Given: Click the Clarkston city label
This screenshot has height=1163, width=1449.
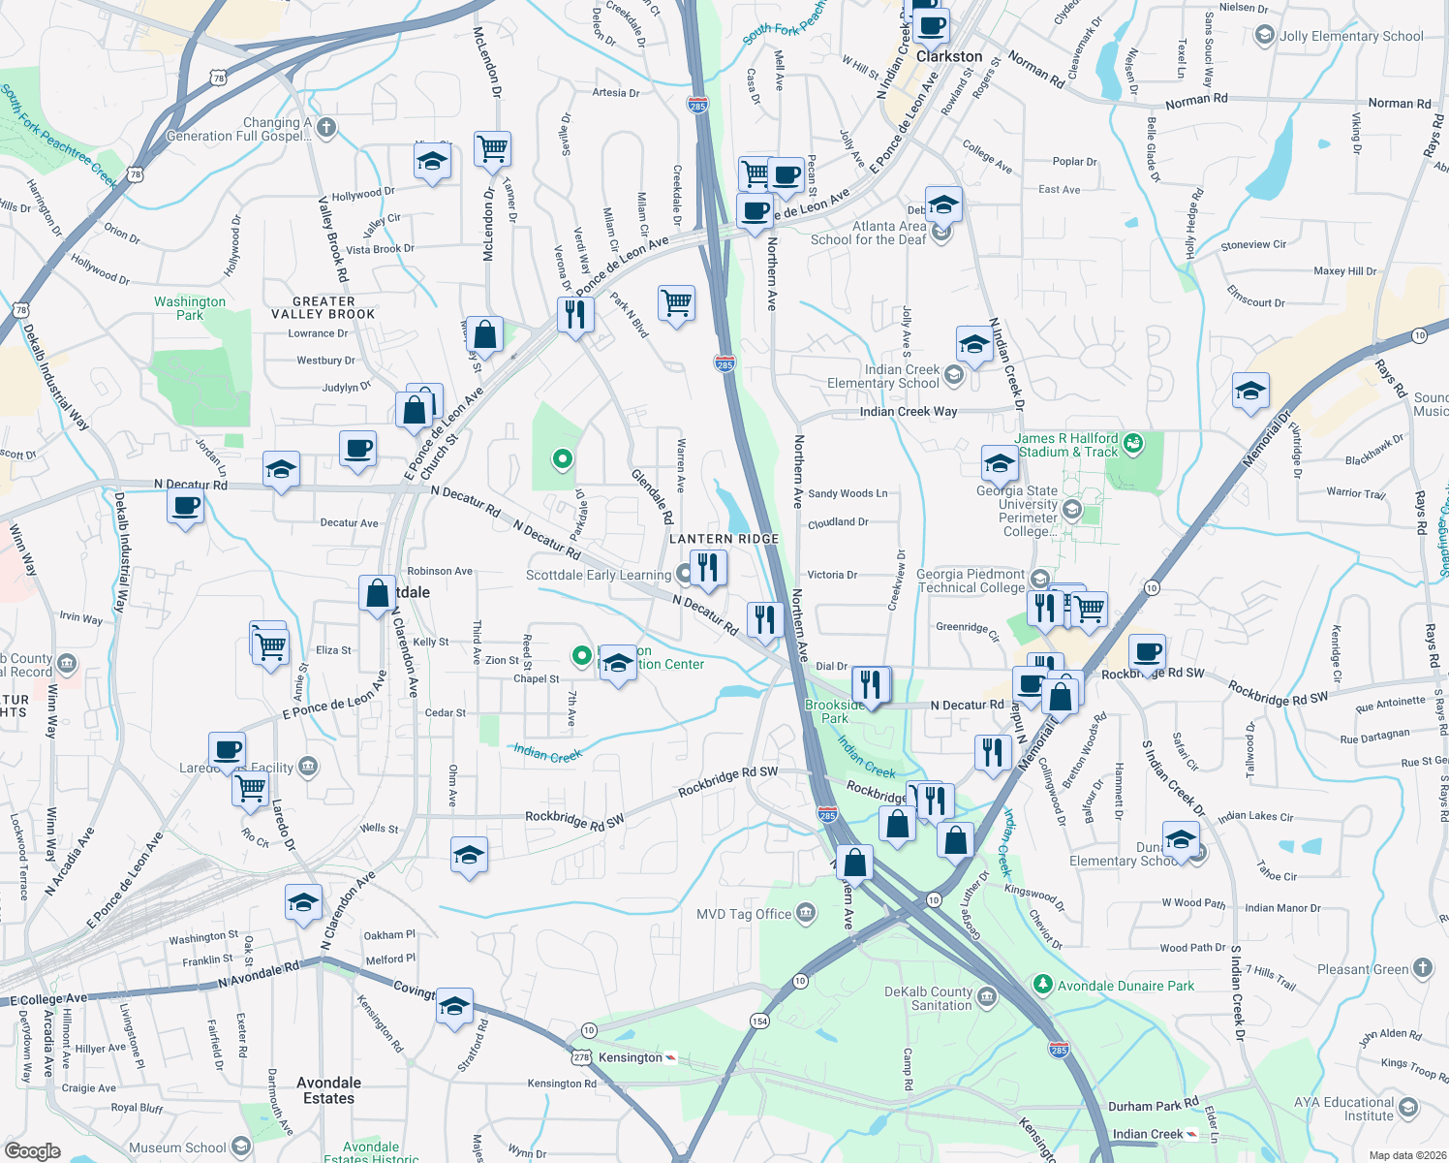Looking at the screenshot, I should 948,56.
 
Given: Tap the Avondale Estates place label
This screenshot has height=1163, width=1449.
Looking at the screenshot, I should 328,1090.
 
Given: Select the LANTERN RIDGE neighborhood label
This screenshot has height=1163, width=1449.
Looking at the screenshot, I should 724,539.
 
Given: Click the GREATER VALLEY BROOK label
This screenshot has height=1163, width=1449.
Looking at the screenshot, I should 324,308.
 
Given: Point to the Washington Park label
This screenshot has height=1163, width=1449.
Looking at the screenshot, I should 190,308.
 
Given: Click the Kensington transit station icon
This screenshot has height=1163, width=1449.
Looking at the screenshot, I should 670,1057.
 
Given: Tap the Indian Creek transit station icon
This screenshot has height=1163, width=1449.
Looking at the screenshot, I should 1191,1134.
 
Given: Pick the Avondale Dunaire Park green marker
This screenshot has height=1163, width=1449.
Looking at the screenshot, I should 1042,985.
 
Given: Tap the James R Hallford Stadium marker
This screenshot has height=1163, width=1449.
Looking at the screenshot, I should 1133,445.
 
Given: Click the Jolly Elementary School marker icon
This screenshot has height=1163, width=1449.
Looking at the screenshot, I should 1264,36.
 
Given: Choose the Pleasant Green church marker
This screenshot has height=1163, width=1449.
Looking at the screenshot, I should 1422,967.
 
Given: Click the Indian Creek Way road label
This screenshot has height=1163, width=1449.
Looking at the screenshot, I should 908,412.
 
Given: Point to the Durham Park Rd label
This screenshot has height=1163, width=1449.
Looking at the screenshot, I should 1153,1105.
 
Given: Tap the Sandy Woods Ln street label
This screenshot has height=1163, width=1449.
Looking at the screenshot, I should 848,493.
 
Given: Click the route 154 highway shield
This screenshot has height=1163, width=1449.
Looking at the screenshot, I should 759,1021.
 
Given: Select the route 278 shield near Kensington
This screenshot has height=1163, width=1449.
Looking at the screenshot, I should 581,1057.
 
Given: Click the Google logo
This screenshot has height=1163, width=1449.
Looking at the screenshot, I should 32,1150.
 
